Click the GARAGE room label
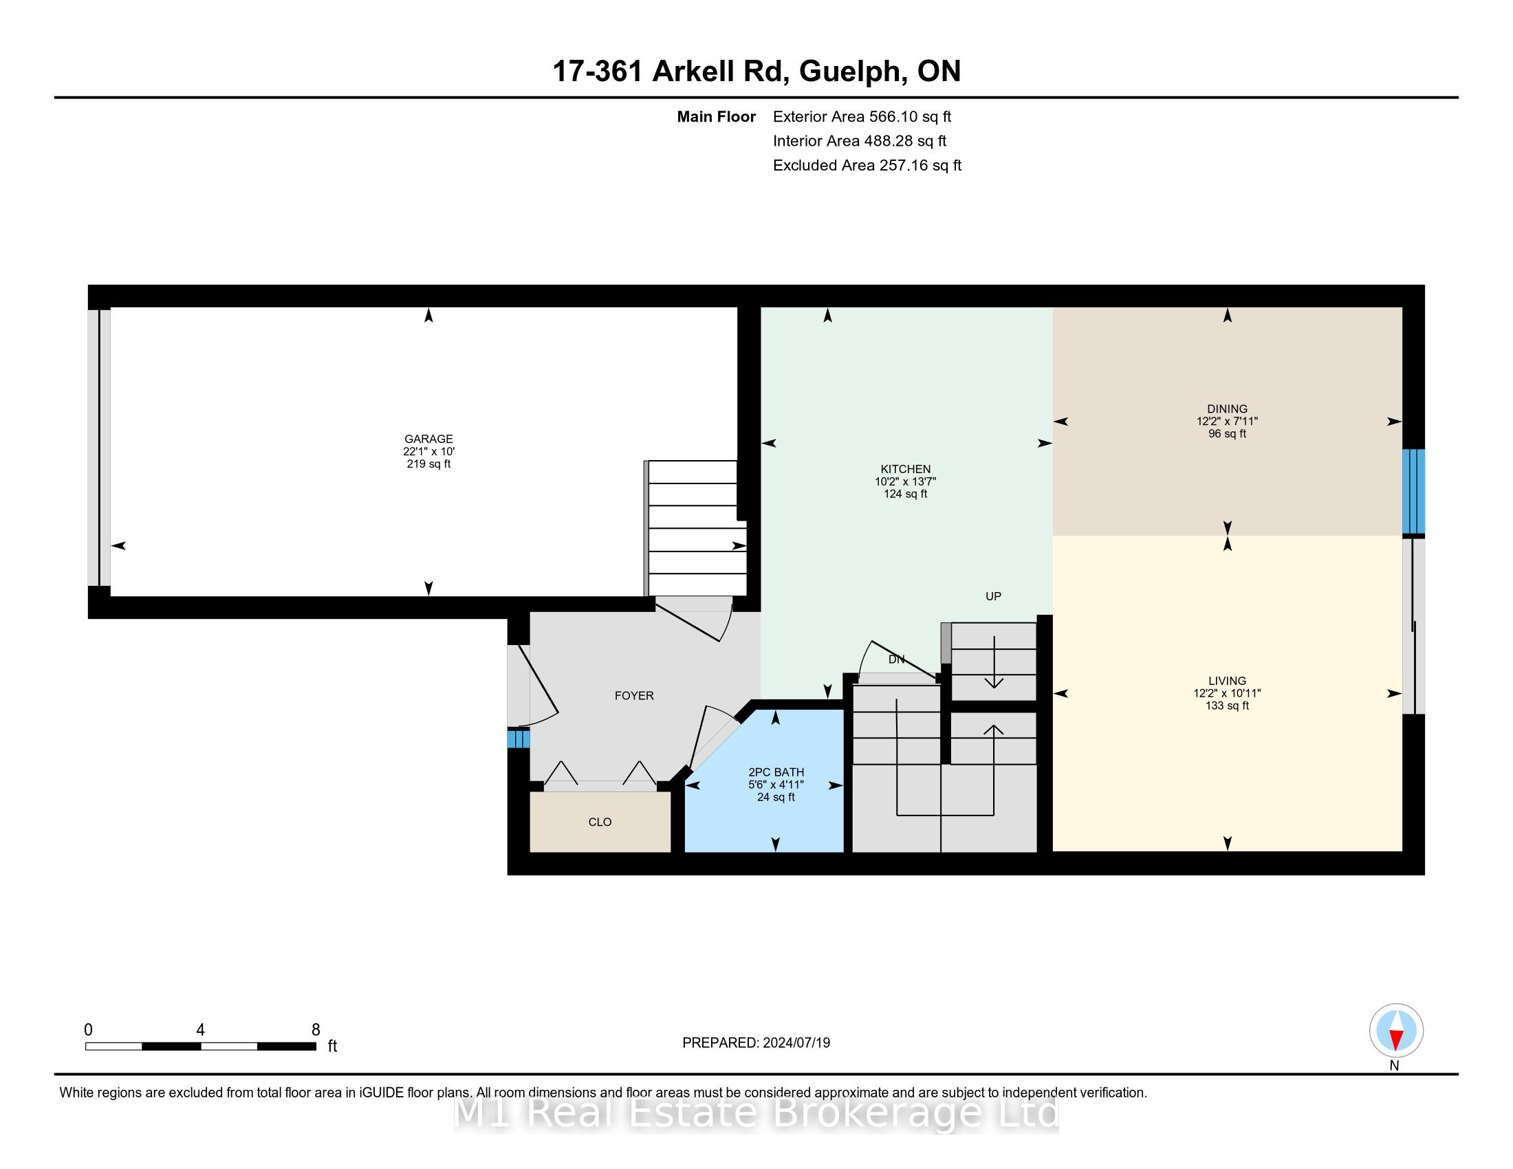(429, 439)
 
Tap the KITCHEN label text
(906, 469)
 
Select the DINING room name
(1227, 408)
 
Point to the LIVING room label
(1227, 681)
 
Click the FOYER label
(634, 695)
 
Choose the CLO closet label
(600, 822)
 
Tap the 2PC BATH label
(776, 772)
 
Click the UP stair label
(994, 596)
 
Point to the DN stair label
(896, 659)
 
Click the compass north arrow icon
(1396, 1031)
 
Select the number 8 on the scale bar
(316, 1030)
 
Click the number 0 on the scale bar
(88, 1030)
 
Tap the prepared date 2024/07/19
(796, 1043)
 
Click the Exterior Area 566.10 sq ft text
(862, 116)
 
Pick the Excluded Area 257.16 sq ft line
(867, 165)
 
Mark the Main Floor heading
(717, 116)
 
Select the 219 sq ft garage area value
(429, 464)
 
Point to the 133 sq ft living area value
(1227, 706)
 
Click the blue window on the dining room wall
(1413, 491)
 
